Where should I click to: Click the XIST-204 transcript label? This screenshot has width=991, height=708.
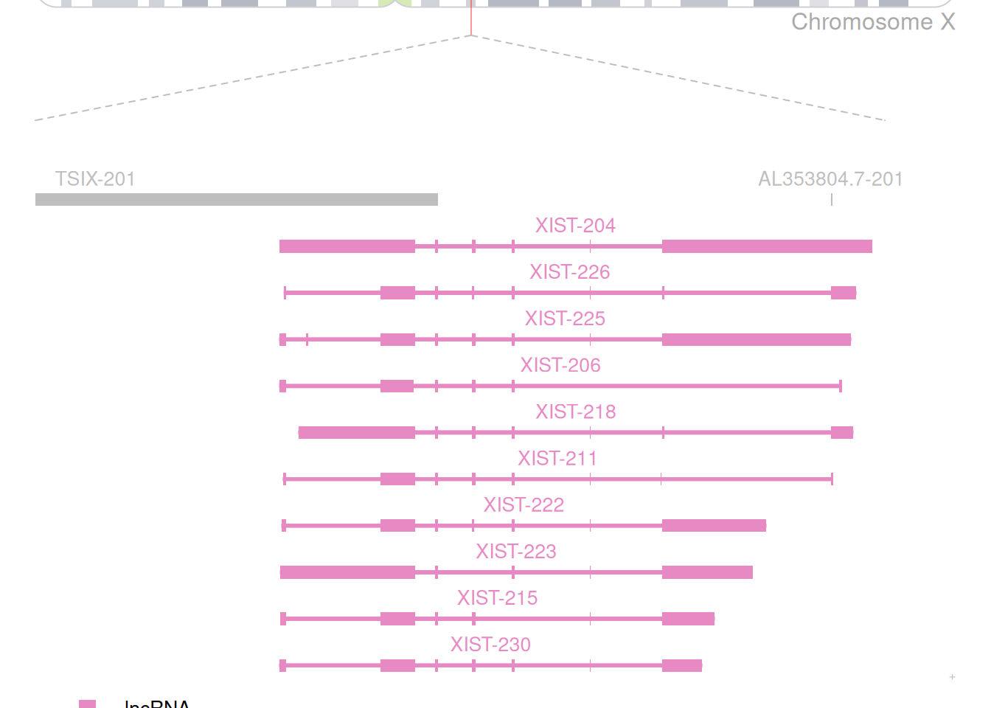coord(575,226)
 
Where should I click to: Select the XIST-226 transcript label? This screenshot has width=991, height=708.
coord(570,272)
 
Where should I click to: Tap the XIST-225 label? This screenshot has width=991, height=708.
coord(565,319)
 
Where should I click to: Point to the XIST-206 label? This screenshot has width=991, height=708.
coord(560,365)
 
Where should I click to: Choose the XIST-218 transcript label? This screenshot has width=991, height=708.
coord(576,412)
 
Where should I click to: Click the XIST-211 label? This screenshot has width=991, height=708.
coord(557,458)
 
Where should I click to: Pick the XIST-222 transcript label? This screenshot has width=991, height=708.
coord(524,504)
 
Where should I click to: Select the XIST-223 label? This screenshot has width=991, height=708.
coord(516,551)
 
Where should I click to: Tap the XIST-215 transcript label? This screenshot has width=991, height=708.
coord(497,597)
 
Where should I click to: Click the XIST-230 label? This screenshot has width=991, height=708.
coord(490,645)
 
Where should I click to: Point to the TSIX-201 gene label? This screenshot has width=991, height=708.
coord(95,179)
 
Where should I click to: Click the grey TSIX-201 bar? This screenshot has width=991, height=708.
coord(236,199)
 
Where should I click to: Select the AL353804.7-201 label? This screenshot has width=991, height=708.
coord(830,179)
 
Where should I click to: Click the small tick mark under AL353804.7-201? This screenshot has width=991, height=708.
coord(832,199)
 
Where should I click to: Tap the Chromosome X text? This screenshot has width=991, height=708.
coord(873,22)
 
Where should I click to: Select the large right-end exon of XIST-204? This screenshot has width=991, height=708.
coord(767,246)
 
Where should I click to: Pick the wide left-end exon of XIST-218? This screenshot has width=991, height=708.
coord(357,432)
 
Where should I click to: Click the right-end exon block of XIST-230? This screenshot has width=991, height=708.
coord(682,665)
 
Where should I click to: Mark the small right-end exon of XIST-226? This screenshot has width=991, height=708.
coord(844,293)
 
